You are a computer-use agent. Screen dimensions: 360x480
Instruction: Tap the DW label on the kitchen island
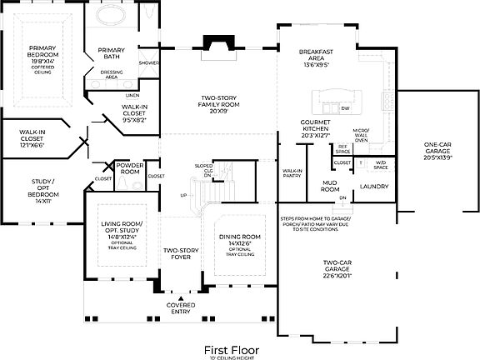pos(345,108)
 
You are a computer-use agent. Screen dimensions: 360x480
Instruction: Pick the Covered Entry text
pos(181,307)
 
